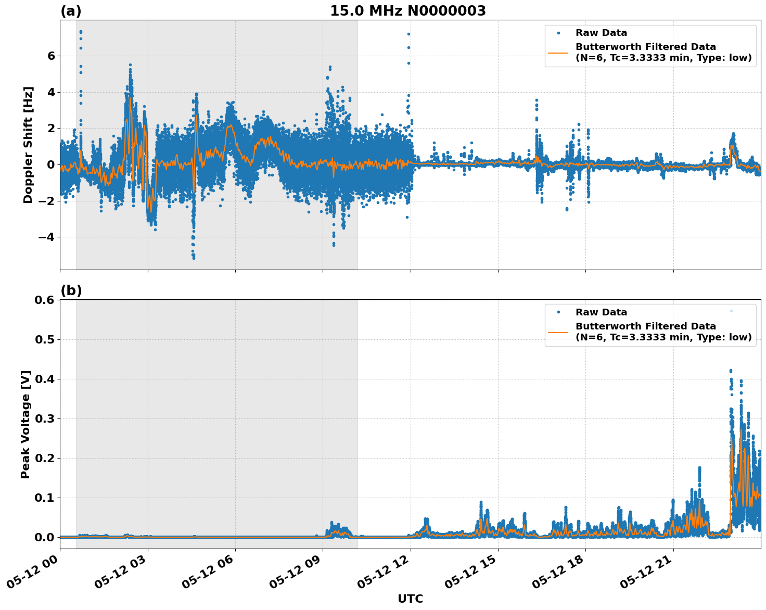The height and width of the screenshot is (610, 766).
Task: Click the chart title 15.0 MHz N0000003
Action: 408,11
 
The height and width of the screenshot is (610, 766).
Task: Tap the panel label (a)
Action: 71,11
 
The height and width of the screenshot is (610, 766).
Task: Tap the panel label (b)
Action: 71,290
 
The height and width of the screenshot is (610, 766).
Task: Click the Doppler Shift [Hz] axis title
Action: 28,145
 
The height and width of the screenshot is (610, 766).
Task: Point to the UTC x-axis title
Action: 410,599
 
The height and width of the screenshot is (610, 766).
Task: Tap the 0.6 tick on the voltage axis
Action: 44,300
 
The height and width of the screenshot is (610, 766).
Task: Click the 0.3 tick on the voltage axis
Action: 44,419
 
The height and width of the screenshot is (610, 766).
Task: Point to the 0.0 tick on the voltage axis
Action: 44,538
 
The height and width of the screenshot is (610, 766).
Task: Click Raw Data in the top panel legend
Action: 601,33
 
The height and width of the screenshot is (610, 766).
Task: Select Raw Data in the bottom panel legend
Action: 601,312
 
